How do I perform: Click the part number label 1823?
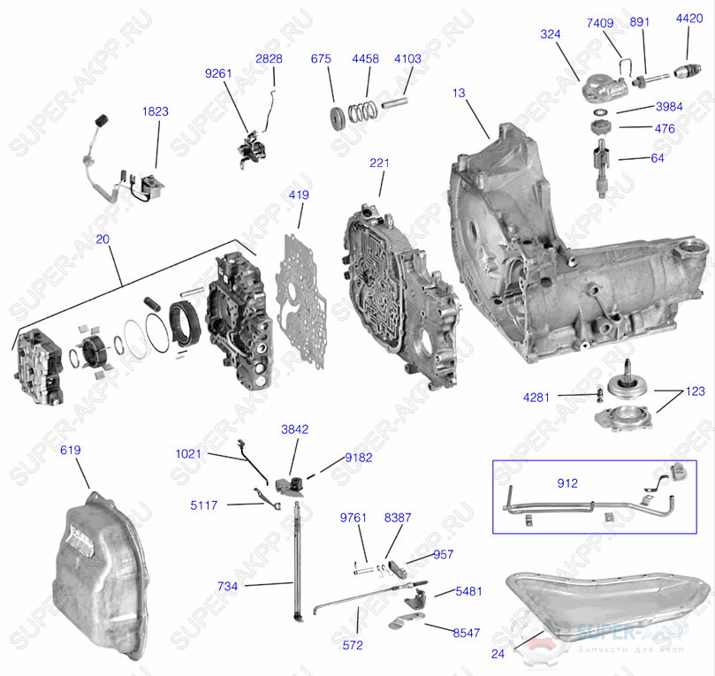coord(156,112)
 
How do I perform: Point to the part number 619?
coord(71,450)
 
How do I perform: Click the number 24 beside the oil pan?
coord(497,655)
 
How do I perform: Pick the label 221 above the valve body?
coord(379,163)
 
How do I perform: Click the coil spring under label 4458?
coord(361,112)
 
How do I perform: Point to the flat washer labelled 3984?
coord(600,113)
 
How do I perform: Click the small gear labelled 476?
coord(600,129)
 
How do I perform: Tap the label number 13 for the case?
coord(458,92)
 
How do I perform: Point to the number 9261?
coord(218,73)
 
